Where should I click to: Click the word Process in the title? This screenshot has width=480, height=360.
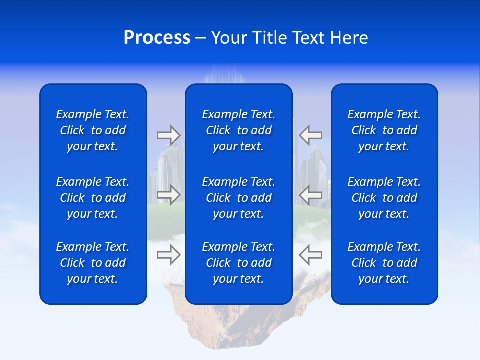[x=157, y=38]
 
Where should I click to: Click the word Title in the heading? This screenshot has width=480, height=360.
[x=268, y=38]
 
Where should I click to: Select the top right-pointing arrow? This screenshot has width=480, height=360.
[x=168, y=135]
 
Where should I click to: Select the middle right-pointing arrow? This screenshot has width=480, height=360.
[x=168, y=194]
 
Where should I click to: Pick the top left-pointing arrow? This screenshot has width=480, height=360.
[x=311, y=135]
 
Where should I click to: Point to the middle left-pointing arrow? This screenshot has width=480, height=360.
[x=311, y=194]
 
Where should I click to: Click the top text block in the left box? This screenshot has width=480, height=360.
[x=93, y=130]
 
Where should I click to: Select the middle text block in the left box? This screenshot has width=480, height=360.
[x=93, y=198]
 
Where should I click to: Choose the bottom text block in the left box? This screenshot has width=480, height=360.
[x=93, y=263]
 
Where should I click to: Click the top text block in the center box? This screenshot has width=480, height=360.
[x=239, y=130]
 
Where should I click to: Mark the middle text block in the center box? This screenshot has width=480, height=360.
[x=239, y=198]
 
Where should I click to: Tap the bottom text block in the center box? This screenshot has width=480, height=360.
[x=239, y=263]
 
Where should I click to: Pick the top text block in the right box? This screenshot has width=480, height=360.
[x=384, y=130]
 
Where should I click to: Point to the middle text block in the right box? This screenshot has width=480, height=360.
[x=384, y=198]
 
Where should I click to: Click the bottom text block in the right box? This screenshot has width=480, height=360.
[x=384, y=263]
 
